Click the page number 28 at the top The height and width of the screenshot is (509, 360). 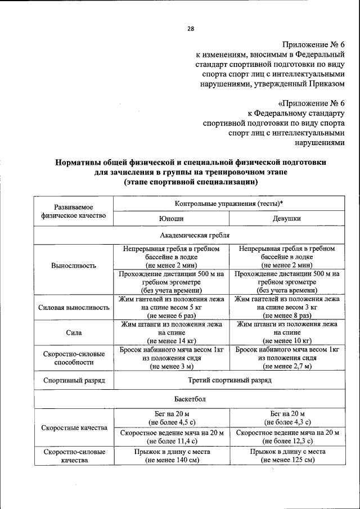190,29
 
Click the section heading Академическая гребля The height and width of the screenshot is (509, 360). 195,235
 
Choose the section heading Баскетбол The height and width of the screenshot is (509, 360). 195,399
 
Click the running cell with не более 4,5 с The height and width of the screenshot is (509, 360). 172,417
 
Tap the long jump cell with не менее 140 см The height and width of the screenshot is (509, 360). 172,456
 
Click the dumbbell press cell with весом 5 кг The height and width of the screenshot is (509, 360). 172,308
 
